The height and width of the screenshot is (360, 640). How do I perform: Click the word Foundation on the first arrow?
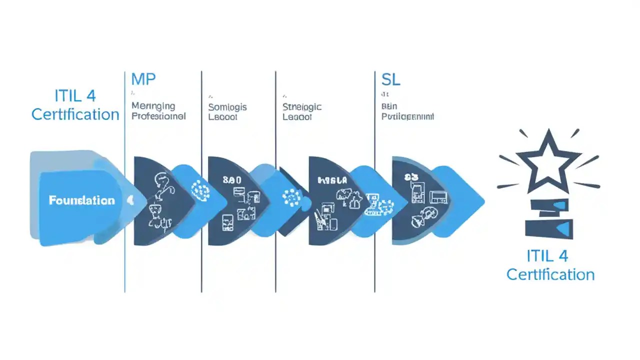(81, 200)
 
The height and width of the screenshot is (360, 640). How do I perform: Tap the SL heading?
(390, 79)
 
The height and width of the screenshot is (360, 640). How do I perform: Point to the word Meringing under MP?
(153, 106)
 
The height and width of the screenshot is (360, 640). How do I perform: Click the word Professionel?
(158, 116)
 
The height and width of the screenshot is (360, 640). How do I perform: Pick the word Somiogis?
(227, 107)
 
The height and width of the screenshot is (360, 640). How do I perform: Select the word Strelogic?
(302, 107)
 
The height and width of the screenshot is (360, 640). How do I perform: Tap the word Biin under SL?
(388, 106)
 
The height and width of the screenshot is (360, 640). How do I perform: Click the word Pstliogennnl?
(407, 116)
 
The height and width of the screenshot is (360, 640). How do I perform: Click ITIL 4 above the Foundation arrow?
(75, 95)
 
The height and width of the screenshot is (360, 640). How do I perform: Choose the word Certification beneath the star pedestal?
(550, 274)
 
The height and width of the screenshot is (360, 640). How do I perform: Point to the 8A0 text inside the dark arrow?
(232, 179)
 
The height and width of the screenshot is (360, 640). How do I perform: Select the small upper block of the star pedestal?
(549, 205)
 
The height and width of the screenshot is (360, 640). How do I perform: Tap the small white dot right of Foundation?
(130, 200)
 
